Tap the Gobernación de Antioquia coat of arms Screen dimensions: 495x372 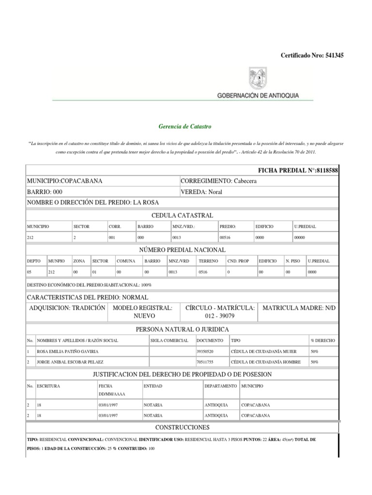pyautogui.click(x=257, y=78)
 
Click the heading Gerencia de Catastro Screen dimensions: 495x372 pyautogui.click(x=185, y=127)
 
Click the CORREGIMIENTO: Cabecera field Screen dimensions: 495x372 pyautogui.click(x=218, y=181)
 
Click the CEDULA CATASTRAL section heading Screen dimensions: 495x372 pyautogui.click(x=182, y=215)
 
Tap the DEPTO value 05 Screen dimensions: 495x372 pyautogui.click(x=30, y=273)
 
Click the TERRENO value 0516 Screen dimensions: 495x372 pyautogui.click(x=202, y=273)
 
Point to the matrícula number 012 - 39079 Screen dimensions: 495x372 pyautogui.click(x=220, y=316)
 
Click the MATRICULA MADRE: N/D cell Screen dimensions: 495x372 pyautogui.click(x=298, y=308)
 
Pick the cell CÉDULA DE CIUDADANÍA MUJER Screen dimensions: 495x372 pyautogui.click(x=263, y=351)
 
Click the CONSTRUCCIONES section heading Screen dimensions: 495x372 pyautogui.click(x=182, y=428)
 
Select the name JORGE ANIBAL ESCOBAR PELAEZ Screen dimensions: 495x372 pyautogui.click(x=66, y=362)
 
